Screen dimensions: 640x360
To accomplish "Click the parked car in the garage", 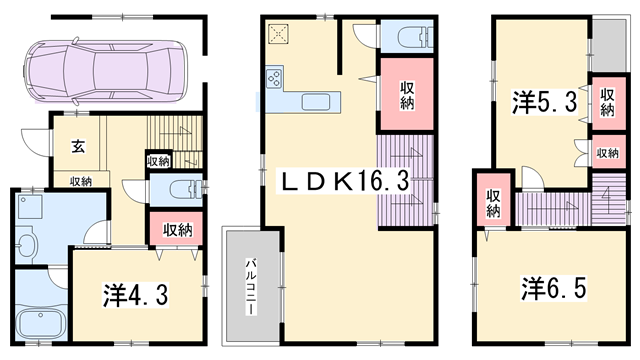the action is pos(104,71).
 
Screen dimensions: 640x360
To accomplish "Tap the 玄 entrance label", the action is pos(78,146).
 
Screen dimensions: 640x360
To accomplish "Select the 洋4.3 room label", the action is pos(136,295).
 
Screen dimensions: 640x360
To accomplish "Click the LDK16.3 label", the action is pos(342,182).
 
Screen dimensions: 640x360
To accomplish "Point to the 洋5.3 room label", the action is pos(544,102).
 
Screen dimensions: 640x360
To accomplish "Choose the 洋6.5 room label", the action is pos(554,288).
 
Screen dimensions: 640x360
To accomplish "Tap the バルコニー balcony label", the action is pos(250,286).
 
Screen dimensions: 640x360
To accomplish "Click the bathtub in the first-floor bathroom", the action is pos(40,323).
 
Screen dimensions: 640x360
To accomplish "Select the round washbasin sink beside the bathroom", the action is pos(27,242).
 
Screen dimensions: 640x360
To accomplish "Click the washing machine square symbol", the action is pos(30,207).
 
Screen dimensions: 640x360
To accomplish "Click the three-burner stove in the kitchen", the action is pos(273,78).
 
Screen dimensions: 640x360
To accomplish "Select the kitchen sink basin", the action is pos(316,102).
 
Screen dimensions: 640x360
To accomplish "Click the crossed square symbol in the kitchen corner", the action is pos(279,34).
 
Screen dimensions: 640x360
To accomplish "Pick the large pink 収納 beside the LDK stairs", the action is pos(407,94).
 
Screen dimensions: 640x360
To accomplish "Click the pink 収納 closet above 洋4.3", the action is pos(176,229).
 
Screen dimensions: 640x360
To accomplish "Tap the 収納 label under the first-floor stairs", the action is pos(159,161).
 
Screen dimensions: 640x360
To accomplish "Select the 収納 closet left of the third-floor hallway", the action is pos(493,200).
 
